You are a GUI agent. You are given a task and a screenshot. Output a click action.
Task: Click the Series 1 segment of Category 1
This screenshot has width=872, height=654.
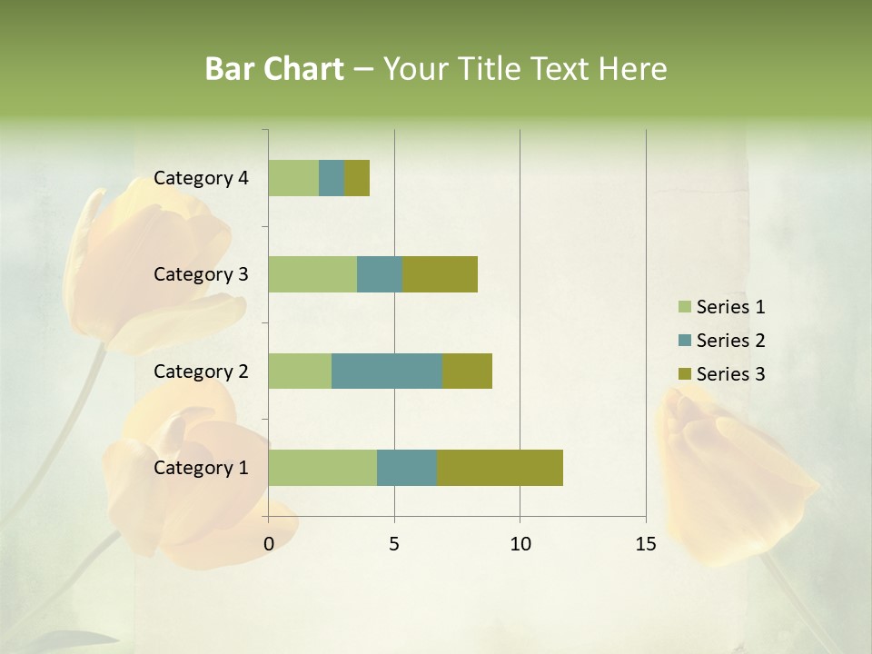pyautogui.click(x=322, y=468)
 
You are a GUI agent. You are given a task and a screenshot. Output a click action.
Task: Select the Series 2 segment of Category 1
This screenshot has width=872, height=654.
pyautogui.click(x=407, y=468)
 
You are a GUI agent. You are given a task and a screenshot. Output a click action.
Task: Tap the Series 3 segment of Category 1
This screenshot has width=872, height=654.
pyautogui.click(x=500, y=468)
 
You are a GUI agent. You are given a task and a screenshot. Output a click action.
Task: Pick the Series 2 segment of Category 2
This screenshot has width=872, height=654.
pyautogui.click(x=387, y=371)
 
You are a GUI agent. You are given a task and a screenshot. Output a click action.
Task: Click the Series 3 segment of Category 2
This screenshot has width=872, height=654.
pyautogui.click(x=467, y=371)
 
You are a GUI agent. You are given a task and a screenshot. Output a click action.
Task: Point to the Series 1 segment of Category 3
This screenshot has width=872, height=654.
pyautogui.click(x=312, y=274)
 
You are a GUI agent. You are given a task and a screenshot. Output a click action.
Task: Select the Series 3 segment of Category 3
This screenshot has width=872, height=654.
pyautogui.click(x=440, y=274)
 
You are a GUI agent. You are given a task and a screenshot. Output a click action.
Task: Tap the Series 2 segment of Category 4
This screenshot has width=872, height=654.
pyautogui.click(x=332, y=178)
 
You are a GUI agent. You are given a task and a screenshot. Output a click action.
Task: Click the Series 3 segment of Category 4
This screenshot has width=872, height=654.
pyautogui.click(x=357, y=178)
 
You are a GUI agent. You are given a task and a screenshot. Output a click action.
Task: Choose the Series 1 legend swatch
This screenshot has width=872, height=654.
pyautogui.click(x=684, y=307)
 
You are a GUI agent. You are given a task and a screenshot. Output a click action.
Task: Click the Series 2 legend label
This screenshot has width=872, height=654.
pyautogui.click(x=730, y=341)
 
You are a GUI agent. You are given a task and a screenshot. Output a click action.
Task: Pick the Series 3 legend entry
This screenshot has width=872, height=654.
pyautogui.click(x=722, y=374)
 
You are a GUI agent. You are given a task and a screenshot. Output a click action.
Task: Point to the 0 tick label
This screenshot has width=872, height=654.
pyautogui.click(x=269, y=544)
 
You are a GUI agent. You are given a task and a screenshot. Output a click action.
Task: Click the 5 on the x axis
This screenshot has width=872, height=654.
pyautogui.click(x=394, y=544)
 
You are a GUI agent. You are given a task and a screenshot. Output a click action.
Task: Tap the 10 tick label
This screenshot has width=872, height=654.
pyautogui.click(x=520, y=544)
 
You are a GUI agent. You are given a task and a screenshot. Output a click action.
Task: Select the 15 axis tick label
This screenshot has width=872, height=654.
pyautogui.click(x=646, y=544)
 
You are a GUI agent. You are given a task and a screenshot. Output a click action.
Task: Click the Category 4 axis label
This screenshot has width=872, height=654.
pyautogui.click(x=201, y=178)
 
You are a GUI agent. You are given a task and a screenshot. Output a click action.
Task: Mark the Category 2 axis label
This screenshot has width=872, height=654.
pyautogui.click(x=201, y=371)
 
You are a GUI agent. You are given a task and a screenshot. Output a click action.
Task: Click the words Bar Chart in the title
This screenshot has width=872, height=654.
pyautogui.click(x=274, y=69)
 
